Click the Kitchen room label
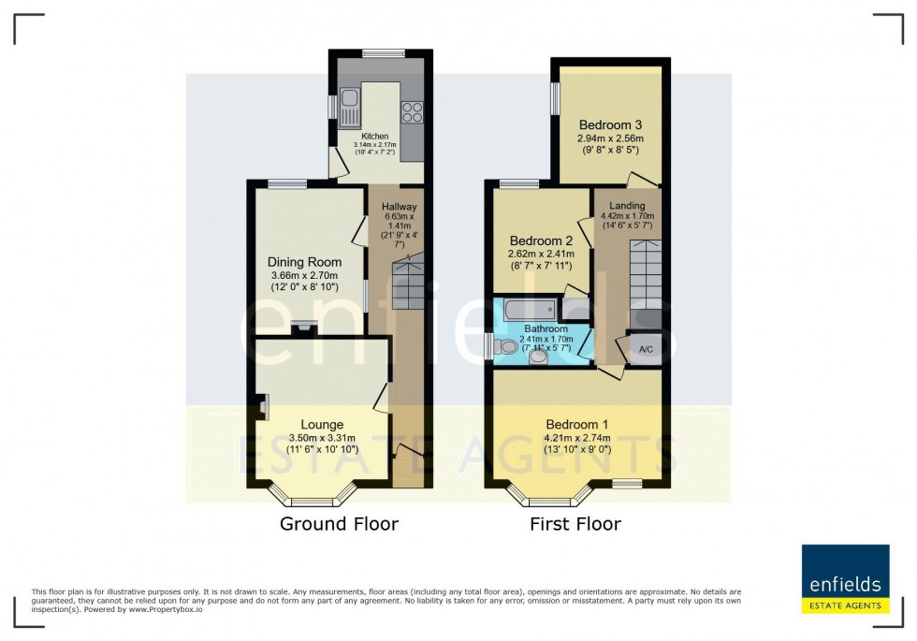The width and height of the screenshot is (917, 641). [x=374, y=137]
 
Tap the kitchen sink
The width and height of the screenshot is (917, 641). [x=349, y=104]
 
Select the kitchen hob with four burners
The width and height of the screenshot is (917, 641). [x=411, y=111]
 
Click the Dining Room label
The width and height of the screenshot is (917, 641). [x=304, y=262]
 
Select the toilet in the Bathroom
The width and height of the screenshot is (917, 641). [x=507, y=347]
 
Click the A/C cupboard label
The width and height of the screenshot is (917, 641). [x=646, y=350]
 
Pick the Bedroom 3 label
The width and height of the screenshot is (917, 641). [x=610, y=125]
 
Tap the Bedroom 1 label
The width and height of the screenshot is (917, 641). [x=577, y=424]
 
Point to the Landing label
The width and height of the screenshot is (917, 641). [x=627, y=206]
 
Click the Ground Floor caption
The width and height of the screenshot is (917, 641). [x=339, y=524]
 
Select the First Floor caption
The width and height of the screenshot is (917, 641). [x=575, y=524]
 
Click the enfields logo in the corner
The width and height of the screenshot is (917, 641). [x=845, y=578]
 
